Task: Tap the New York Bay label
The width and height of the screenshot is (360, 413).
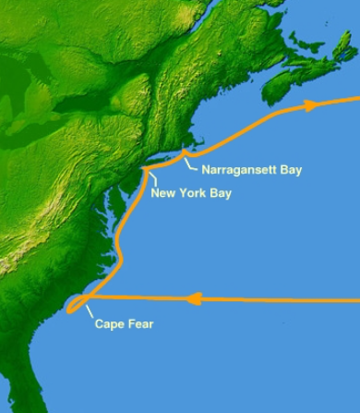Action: click(191, 194)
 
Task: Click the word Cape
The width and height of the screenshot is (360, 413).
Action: click(110, 324)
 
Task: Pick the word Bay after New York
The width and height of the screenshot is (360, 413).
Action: click(220, 194)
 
